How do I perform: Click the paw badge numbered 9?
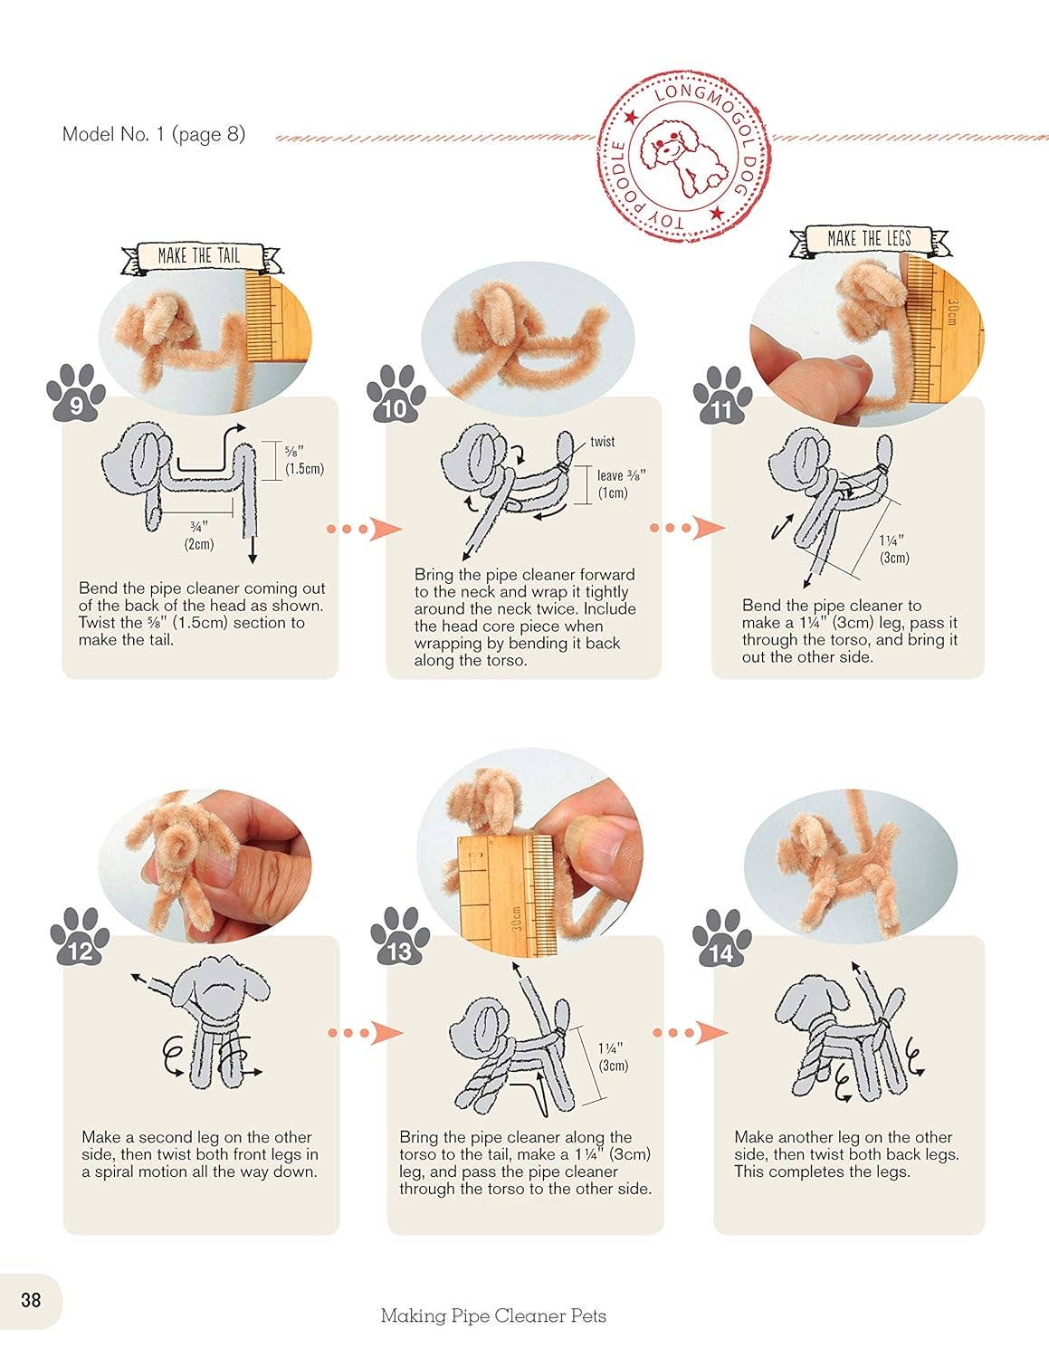[x=76, y=393]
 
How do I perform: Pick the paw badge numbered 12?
[x=80, y=936]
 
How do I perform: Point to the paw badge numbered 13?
[x=400, y=936]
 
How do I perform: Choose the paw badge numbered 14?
[x=722, y=937]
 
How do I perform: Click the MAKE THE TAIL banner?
[x=201, y=257]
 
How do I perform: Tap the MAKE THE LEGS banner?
[x=869, y=241]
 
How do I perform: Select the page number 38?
[x=31, y=1300]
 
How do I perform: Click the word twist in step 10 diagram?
[x=602, y=442]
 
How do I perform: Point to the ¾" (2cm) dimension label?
[x=199, y=536]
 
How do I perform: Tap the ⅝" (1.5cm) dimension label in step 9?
[x=304, y=460]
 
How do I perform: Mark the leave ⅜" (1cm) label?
[x=621, y=483]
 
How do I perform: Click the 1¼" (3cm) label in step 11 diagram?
[x=894, y=550]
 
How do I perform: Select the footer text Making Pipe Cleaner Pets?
[x=493, y=1315]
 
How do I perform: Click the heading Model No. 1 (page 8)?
[x=154, y=134]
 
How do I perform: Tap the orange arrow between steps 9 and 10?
[x=364, y=529]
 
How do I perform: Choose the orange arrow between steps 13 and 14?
[x=691, y=1032]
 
